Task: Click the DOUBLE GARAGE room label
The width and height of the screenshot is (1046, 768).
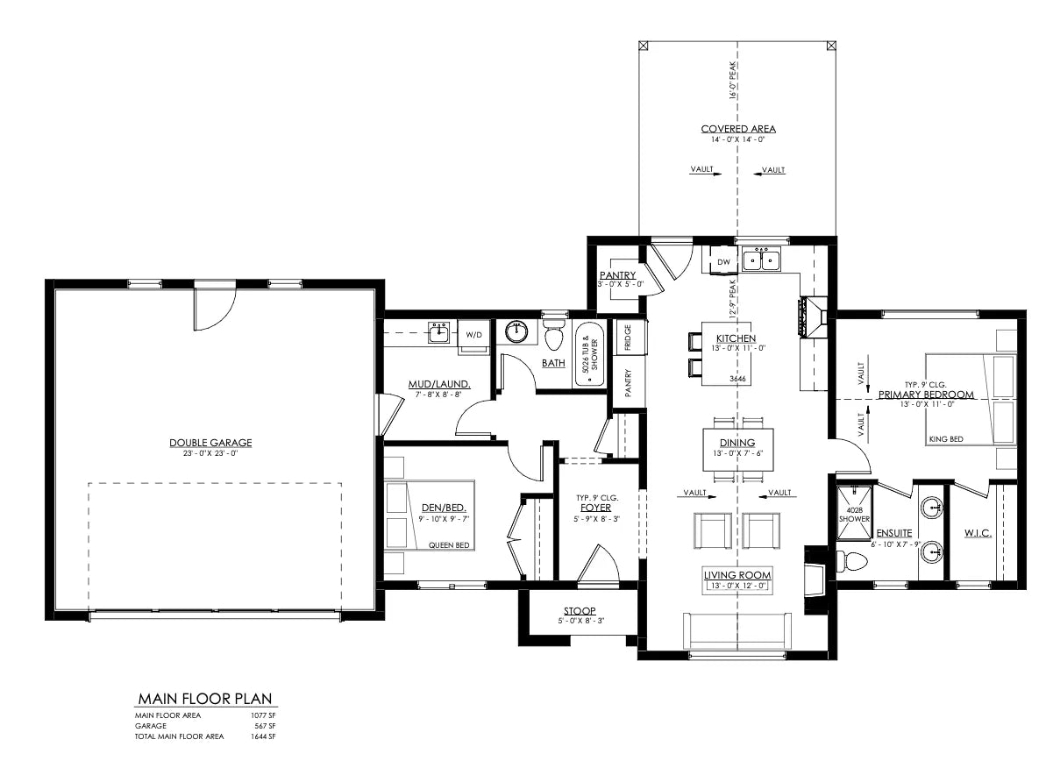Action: tap(210, 443)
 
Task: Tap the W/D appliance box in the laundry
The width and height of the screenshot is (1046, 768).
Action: tap(473, 334)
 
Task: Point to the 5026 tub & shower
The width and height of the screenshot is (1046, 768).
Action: tap(589, 353)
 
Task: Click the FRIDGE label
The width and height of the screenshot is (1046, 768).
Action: tap(628, 338)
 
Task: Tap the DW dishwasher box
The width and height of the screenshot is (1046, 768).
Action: tap(724, 262)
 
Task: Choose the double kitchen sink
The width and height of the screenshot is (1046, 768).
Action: tap(762, 259)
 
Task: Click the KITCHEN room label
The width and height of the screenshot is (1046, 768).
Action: tap(736, 338)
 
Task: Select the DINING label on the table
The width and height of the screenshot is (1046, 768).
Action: tap(737, 443)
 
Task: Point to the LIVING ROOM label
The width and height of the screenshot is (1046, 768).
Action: tap(737, 574)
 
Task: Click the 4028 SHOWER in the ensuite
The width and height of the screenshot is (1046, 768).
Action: tap(855, 513)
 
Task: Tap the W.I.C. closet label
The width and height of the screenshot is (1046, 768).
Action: tap(978, 533)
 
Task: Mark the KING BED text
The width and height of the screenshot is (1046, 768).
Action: tap(946, 439)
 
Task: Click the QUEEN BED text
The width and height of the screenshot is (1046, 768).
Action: tap(449, 545)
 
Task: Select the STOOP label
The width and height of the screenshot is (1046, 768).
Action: tap(579, 610)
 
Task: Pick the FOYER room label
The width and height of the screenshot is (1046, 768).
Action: tap(595, 508)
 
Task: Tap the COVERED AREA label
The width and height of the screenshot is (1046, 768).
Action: tap(737, 129)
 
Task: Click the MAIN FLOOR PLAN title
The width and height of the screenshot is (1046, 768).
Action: tap(205, 699)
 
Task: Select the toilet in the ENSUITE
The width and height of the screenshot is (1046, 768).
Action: tap(853, 562)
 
